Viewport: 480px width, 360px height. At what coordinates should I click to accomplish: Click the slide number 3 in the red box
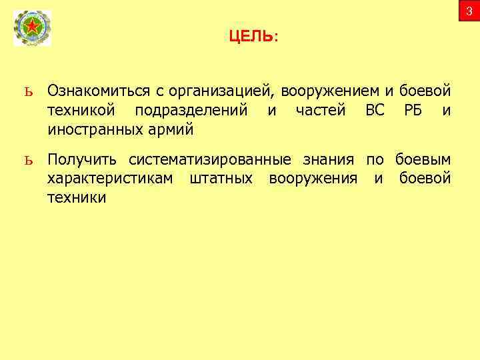(469, 11)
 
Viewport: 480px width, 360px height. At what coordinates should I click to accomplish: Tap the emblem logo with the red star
(32, 29)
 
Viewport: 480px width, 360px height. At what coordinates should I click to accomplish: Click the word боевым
(423, 160)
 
